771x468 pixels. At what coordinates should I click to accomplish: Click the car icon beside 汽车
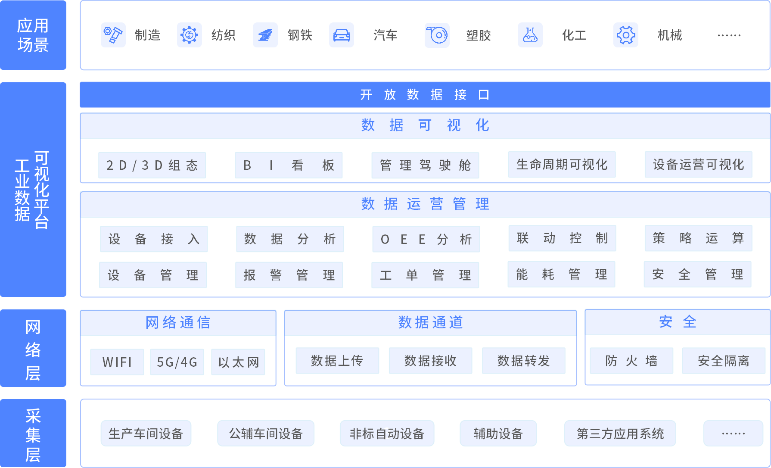(342, 35)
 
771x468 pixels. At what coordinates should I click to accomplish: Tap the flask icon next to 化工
(530, 35)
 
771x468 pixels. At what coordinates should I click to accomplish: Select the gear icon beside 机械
(626, 35)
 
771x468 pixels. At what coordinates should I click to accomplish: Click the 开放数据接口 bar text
(425, 95)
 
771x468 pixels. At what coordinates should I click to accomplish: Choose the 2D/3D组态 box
(152, 165)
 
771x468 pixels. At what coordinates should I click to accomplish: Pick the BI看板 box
(289, 165)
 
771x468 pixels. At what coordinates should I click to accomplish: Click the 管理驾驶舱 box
(425, 165)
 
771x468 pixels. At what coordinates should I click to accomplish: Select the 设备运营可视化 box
(698, 165)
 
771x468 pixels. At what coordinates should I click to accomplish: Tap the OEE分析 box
(426, 239)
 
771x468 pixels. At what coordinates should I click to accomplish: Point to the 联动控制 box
(562, 238)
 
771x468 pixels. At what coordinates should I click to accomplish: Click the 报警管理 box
(289, 275)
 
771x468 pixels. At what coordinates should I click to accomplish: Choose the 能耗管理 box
(561, 275)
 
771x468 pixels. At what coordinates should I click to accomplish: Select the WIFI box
(117, 362)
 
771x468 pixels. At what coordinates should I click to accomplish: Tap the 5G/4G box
(177, 362)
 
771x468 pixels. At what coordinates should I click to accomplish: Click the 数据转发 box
(524, 361)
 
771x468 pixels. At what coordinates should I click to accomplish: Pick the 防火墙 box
(631, 361)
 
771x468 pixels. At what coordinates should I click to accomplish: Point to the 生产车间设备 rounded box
(146, 433)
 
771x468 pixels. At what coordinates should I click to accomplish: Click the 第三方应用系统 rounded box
(620, 433)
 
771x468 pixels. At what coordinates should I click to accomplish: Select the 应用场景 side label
(33, 35)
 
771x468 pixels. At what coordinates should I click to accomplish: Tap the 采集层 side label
(33, 434)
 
